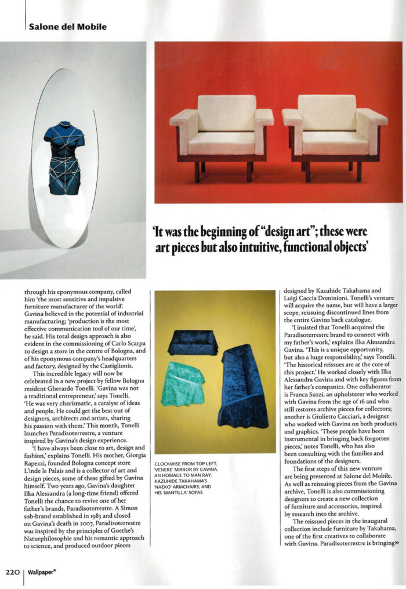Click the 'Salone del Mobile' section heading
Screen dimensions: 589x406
tap(67, 27)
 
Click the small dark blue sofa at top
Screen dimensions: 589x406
tap(193, 343)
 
